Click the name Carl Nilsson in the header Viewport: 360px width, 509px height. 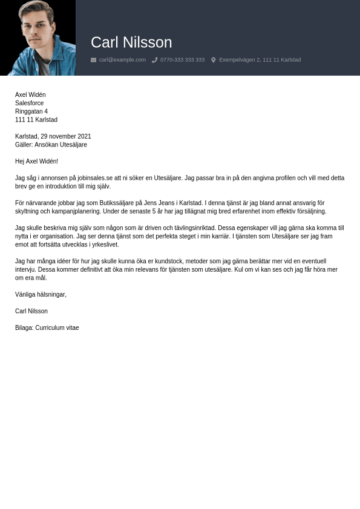[x=131, y=42]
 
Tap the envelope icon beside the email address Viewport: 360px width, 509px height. [x=93, y=60]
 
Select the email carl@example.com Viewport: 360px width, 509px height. [x=122, y=60]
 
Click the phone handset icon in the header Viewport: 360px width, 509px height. [x=155, y=60]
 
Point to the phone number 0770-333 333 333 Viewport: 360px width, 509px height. [x=182, y=60]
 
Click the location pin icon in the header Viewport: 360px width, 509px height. [x=214, y=60]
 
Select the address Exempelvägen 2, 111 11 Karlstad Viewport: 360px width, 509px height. [x=260, y=60]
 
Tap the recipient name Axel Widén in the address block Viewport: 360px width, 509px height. [x=30, y=95]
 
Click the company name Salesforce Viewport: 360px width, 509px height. [x=29, y=103]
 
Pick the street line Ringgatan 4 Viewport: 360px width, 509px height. [x=31, y=111]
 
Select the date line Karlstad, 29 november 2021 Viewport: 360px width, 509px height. [x=53, y=137]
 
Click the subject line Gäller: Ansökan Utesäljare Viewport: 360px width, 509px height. [x=51, y=145]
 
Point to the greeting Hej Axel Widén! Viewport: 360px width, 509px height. [x=36, y=162]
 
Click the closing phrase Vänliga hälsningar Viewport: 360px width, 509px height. [x=41, y=295]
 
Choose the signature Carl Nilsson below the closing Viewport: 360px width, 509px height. [x=31, y=311]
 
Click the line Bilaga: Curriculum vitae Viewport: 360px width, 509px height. [x=47, y=328]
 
